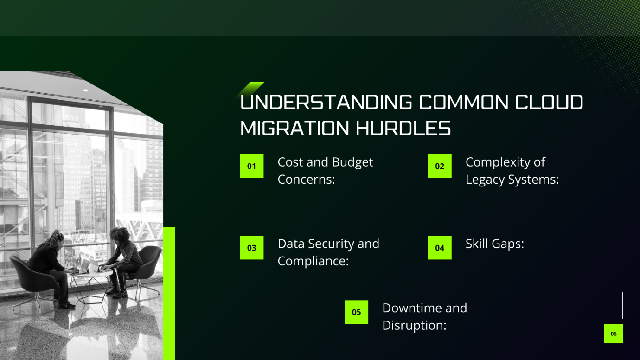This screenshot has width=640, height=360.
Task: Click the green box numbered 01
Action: point(251,166)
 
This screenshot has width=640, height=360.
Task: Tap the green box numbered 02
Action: point(440,166)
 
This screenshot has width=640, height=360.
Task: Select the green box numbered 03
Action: point(251,248)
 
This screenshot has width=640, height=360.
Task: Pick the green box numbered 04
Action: point(440,248)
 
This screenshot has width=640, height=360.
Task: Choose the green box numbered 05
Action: point(356,312)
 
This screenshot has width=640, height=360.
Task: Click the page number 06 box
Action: point(614,334)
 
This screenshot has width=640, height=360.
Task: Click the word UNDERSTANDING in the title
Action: point(326,102)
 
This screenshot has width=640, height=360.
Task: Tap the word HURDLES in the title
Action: point(403,129)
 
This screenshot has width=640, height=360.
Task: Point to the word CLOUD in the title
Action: point(549,102)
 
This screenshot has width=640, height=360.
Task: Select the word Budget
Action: point(352,162)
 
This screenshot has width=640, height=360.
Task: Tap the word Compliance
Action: point(313,261)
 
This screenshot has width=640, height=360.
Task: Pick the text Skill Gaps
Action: point(494,244)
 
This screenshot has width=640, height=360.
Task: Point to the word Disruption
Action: point(414,326)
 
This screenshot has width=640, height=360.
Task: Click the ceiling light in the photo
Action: point(85,90)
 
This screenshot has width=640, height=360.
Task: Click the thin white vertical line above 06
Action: point(622,305)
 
